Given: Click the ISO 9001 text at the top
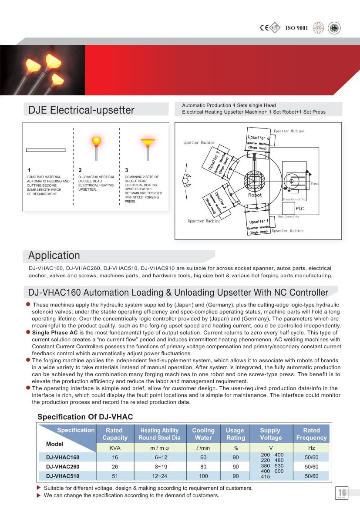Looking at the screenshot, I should pyautogui.click(x=296, y=28).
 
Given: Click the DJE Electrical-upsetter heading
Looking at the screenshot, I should pyautogui.click(x=81, y=110).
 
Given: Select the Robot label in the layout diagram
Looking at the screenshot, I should pyautogui.click(x=255, y=195).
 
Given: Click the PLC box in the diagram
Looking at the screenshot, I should pyautogui.click(x=299, y=209).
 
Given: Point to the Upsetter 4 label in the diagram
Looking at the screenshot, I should pyautogui.click(x=256, y=138).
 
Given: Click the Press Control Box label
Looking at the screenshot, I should pyautogui.click(x=294, y=199).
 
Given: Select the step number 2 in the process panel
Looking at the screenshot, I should pyautogui.click(x=80, y=170).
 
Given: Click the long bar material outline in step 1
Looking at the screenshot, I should pyautogui.click(x=46, y=150).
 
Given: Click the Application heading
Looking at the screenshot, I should pyautogui.click(x=54, y=256).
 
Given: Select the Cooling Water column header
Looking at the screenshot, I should pyautogui.click(x=203, y=434).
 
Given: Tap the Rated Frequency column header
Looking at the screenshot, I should pyautogui.click(x=311, y=434).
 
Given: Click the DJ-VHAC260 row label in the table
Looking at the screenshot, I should pyautogui.click(x=63, y=467).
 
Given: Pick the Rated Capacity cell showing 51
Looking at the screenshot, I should pyautogui.click(x=115, y=476).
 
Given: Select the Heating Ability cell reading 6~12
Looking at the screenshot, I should pyautogui.click(x=159, y=457).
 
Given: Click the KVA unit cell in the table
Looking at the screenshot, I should pyautogui.click(x=115, y=448).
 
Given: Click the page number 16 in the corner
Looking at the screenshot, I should pyautogui.click(x=342, y=492).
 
